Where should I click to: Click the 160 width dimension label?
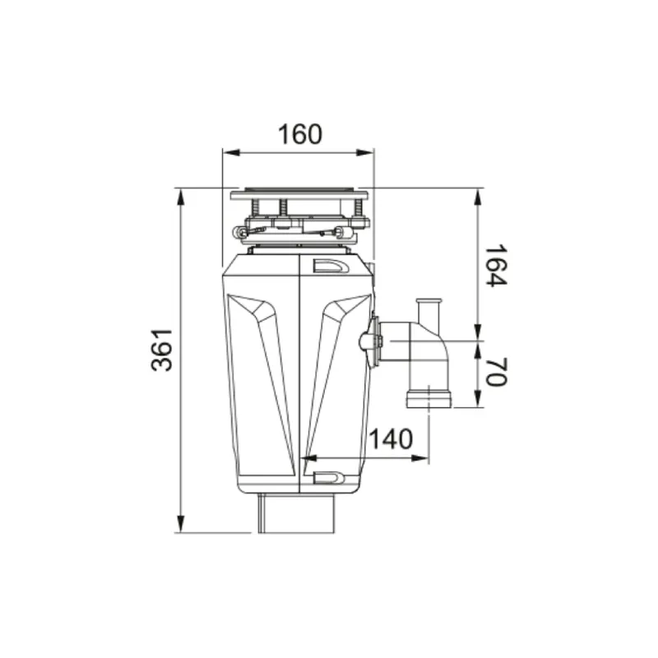coord(300,134)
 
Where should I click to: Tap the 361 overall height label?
coord(162,350)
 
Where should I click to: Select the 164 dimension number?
coord(497,265)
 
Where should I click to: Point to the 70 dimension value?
coord(497,372)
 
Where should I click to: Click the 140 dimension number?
coord(390,439)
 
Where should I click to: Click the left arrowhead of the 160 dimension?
coord(231,153)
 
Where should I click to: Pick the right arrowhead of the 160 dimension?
coord(364,153)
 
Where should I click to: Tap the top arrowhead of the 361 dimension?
coord(180,197)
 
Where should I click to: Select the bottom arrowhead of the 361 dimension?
coord(180,524)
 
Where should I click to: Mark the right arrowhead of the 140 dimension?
coord(420,458)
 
